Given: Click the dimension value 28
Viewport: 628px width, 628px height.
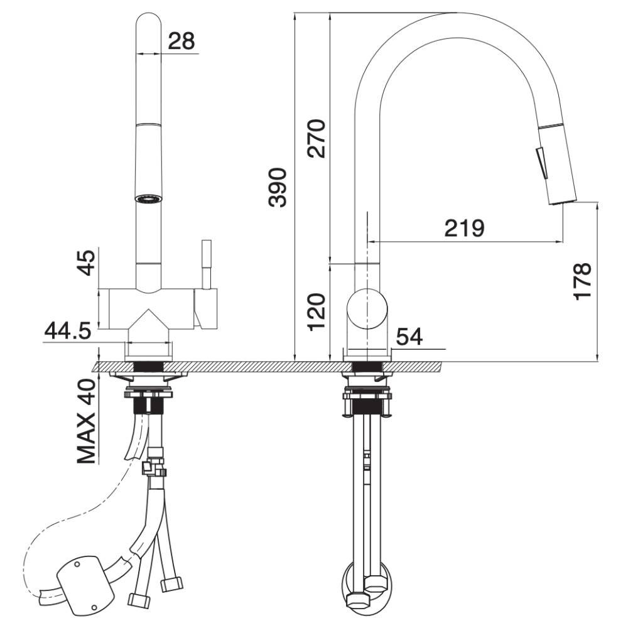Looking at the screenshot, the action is click(181, 41).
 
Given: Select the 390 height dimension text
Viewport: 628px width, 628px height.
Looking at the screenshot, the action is click(278, 187).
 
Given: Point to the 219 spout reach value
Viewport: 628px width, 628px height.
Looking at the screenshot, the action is click(464, 228).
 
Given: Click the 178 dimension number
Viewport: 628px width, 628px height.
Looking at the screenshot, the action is click(582, 281).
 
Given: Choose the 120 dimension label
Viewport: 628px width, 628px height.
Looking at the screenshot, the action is click(317, 312).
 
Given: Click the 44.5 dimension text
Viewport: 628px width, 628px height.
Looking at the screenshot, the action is click(68, 331).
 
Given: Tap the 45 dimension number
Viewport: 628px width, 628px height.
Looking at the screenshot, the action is click(87, 263).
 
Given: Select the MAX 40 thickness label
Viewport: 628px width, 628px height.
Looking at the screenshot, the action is click(87, 421).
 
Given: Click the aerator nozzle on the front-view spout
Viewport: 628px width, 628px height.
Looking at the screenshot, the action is click(149, 198).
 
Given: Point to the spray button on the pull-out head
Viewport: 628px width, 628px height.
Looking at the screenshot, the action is click(541, 163).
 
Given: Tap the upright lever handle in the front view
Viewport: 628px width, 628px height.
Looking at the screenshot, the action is click(206, 264).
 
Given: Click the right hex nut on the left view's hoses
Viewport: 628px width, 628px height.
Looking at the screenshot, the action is click(171, 584).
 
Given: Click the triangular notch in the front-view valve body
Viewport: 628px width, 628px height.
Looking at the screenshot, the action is click(149, 319).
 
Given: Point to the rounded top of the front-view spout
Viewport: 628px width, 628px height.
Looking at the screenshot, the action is click(149, 21).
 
